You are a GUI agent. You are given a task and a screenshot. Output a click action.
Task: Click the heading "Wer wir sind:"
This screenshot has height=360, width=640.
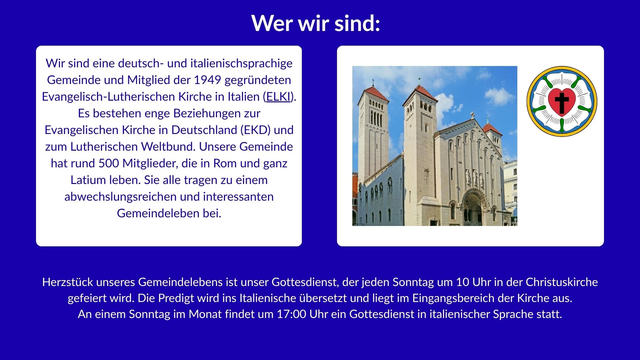[316, 23]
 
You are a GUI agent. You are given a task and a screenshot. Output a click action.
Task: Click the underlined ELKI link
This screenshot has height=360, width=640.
[278, 97]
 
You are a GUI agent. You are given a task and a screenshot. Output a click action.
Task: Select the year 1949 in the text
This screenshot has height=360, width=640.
[207, 80]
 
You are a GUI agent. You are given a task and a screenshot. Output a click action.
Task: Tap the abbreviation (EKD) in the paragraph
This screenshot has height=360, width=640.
[255, 130]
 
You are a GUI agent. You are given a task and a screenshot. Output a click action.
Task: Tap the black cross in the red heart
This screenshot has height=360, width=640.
[562, 102]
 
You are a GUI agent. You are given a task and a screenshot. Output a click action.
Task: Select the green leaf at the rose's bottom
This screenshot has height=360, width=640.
[562, 126]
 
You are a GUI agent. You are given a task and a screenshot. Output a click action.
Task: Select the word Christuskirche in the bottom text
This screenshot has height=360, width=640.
[562, 282]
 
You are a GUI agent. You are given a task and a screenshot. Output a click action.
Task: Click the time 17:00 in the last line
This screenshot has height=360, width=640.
[291, 314]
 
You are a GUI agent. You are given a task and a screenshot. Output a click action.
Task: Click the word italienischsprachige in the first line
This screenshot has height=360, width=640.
[241, 63]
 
